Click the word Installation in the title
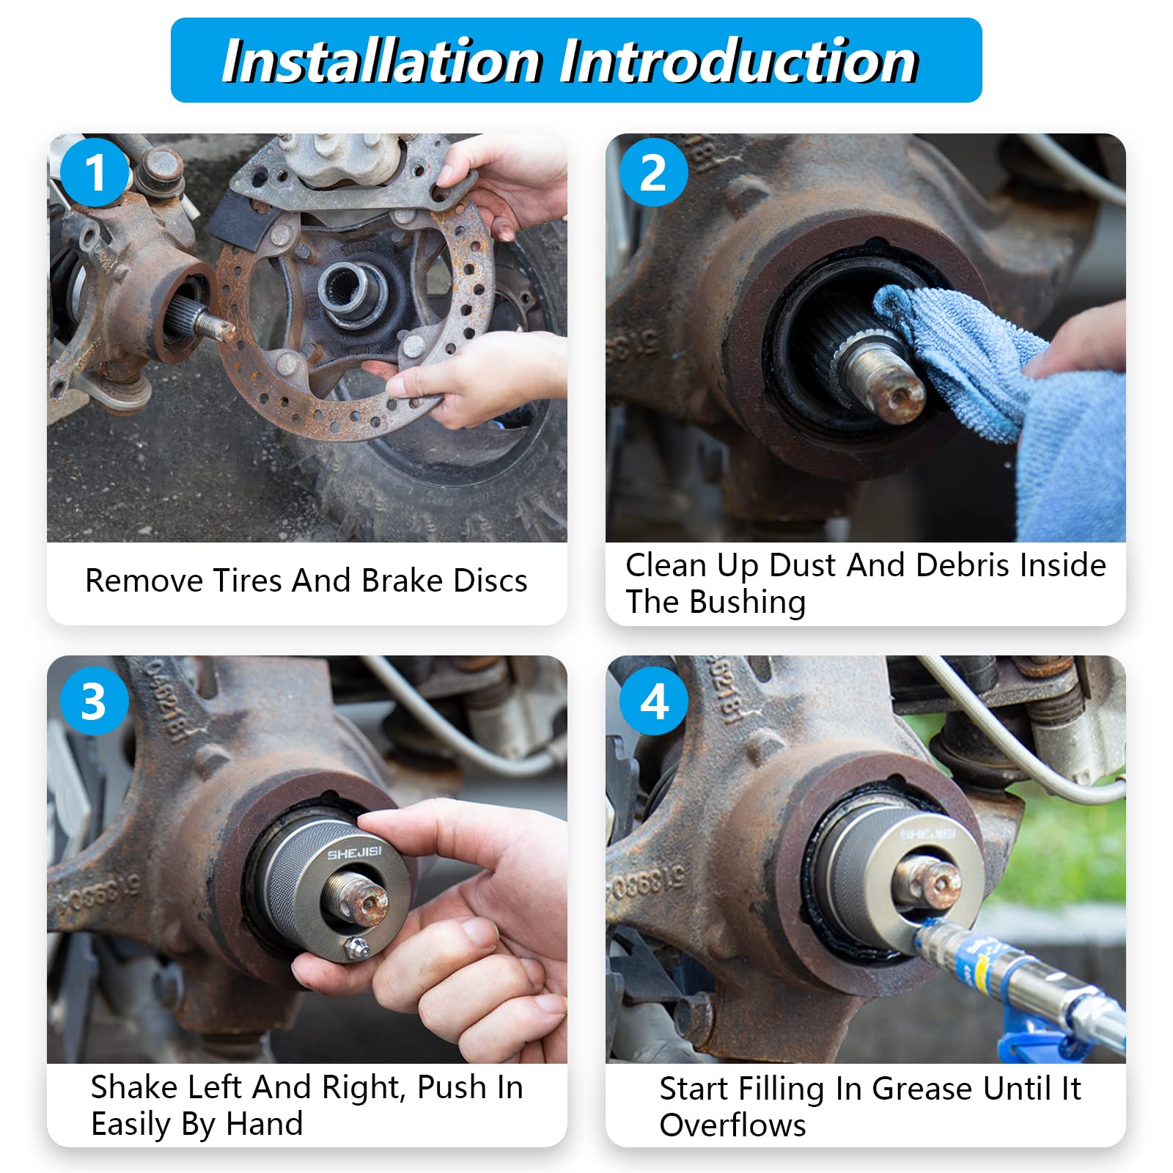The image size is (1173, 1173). pyautogui.click(x=381, y=62)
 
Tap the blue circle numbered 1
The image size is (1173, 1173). pyautogui.click(x=95, y=174)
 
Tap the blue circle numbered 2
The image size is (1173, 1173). pyautogui.click(x=653, y=173)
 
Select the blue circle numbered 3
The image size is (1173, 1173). pyautogui.click(x=94, y=701)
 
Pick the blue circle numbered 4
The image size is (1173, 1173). pyautogui.click(x=654, y=701)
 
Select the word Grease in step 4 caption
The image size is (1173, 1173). pyautogui.click(x=916, y=1089)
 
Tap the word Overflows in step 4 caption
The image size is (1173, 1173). pyautogui.click(x=732, y=1125)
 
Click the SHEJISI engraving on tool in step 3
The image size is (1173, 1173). pyautogui.click(x=354, y=853)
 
